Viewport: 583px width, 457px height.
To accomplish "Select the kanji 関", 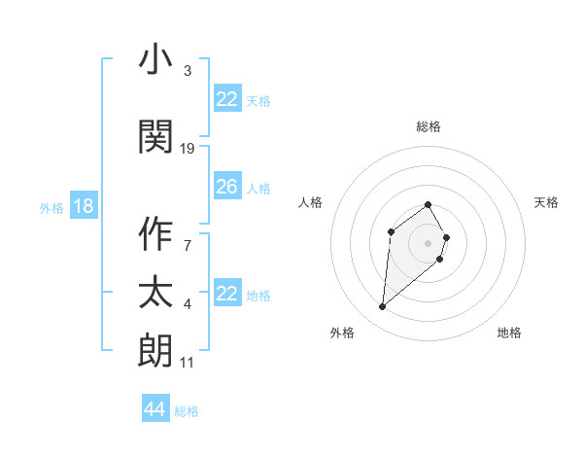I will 156,136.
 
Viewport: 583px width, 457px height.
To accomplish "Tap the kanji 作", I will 156,234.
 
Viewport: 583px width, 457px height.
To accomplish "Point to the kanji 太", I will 156,293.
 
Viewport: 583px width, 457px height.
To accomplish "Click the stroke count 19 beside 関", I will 188,148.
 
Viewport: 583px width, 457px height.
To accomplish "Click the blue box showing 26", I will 226,188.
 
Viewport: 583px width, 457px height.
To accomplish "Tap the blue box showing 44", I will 154,409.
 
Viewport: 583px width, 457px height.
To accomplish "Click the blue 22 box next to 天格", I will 226,99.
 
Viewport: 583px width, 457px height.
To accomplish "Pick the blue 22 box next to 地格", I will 226,294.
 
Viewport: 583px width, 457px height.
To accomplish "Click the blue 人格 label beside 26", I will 258,189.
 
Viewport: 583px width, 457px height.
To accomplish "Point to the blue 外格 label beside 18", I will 51,208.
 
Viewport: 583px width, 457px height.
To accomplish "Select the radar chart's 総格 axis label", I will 429,126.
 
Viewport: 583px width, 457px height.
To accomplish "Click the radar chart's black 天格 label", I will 547,202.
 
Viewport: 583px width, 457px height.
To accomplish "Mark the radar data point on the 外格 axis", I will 382,307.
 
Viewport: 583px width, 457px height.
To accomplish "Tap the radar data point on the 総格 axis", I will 428,204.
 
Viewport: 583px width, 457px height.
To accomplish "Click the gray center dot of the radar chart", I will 428,242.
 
